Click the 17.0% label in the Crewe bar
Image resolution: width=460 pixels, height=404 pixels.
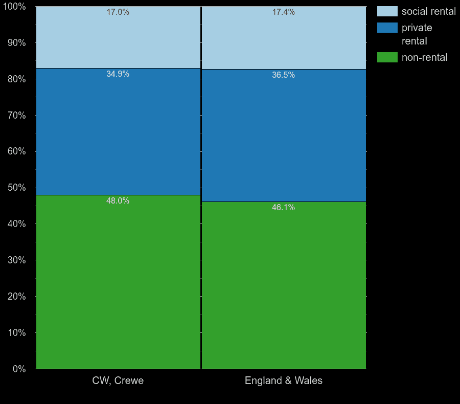[x=118, y=12]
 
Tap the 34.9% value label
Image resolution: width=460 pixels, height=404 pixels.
[x=118, y=74]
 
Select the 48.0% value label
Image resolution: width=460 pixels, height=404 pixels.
[x=118, y=201]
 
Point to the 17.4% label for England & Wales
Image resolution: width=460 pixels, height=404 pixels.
[x=284, y=12]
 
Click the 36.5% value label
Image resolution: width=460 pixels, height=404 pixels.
[x=284, y=75]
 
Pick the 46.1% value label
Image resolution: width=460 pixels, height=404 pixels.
[x=284, y=208]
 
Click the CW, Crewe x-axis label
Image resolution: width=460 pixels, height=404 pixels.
[x=118, y=381]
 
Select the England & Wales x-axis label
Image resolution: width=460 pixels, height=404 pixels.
[x=284, y=381]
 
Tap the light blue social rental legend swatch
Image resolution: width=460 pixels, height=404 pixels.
[x=387, y=11]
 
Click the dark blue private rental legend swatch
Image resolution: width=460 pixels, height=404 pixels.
[x=387, y=28]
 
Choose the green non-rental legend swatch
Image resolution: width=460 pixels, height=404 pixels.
[x=387, y=57]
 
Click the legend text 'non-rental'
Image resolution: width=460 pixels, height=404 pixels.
[x=424, y=57]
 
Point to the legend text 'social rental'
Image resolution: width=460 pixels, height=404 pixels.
[x=428, y=11]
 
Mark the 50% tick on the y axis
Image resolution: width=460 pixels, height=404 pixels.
[x=16, y=188]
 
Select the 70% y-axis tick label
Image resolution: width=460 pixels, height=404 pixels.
[x=16, y=115]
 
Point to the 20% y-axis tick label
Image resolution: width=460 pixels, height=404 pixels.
[x=16, y=297]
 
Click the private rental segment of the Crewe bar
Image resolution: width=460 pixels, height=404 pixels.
[x=118, y=133]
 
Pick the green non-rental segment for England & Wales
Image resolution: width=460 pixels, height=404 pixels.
[x=284, y=286]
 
